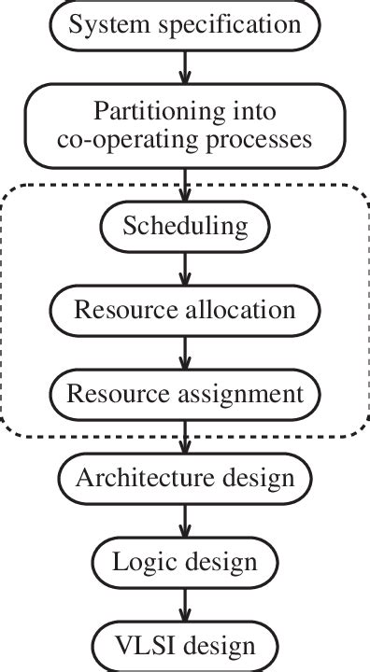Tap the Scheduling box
point(185,227)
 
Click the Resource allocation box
point(185,309)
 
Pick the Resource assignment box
point(185,393)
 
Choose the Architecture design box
point(185,479)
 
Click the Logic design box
point(185,562)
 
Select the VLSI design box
point(185,646)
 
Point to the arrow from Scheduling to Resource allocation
point(185,268)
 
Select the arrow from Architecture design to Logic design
point(185,521)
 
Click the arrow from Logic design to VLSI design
point(185,604)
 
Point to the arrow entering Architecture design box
point(185,437)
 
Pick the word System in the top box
point(102,24)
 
